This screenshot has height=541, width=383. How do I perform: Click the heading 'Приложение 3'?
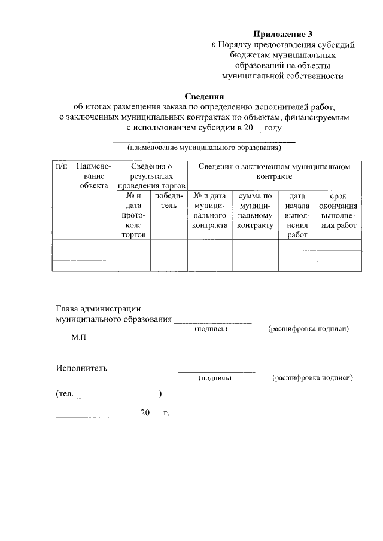coord(282,33)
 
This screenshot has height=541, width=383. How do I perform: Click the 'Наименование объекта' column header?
coord(94,176)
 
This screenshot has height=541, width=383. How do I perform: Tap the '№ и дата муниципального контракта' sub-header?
coord(210,210)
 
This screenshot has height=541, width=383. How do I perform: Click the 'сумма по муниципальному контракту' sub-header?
coord(256,210)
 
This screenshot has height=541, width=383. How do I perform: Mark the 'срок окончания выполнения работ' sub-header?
coord(339,210)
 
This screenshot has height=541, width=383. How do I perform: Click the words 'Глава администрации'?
coord(98,309)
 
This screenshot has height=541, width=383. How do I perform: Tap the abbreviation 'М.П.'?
coord(80,338)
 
